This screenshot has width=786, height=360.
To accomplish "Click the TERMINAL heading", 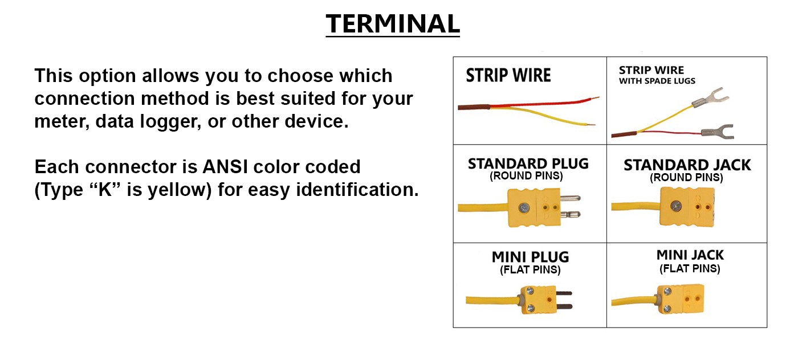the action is (393, 23).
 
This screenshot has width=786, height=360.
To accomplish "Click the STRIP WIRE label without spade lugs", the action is (508, 75).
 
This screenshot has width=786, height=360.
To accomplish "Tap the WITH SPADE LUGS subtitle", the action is (657, 81).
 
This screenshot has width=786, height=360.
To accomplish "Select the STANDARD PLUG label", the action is (528, 163).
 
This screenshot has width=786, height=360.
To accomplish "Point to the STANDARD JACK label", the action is (687, 165).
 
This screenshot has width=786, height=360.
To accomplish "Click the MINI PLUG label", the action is (530, 257).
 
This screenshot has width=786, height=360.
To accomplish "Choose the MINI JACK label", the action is (690, 255).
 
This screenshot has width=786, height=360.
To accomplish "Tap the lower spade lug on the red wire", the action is (718, 132).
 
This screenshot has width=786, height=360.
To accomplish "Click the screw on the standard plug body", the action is (524, 208).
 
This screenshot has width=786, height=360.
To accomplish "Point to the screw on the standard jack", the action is (676, 206).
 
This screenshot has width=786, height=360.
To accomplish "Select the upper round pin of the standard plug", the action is (570, 198).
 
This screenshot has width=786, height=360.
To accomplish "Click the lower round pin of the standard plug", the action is (570, 214).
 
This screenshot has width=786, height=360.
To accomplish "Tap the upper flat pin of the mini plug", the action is (564, 293).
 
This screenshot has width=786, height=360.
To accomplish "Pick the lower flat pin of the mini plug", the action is (564, 307).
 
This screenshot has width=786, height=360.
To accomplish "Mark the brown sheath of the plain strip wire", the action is (474, 107).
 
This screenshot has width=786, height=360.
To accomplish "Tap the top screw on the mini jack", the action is (668, 291).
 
